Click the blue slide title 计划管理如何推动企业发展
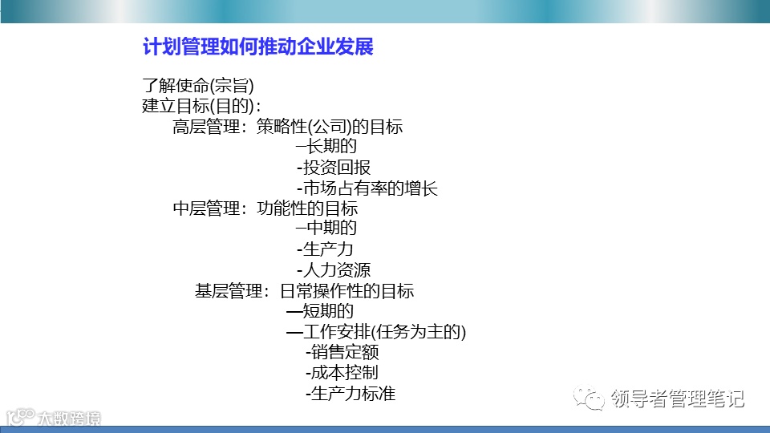click(x=257, y=47)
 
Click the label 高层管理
click(x=206, y=127)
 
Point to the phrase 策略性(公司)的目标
click(x=329, y=127)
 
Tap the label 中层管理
click(x=206, y=208)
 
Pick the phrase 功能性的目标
click(x=307, y=208)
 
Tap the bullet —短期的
click(x=320, y=311)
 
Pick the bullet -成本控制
click(x=342, y=373)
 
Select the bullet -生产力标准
click(x=351, y=394)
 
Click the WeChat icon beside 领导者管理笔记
click(x=593, y=398)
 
